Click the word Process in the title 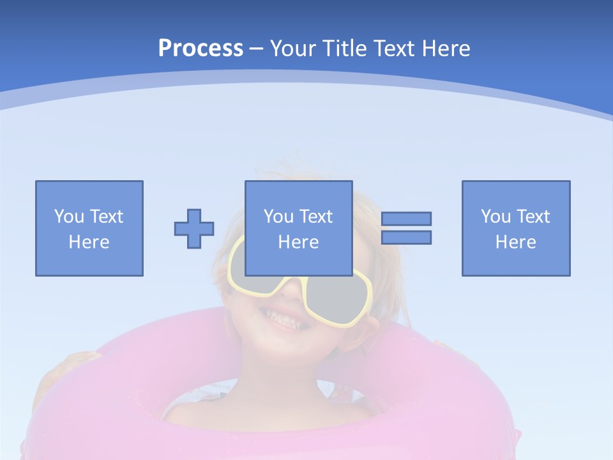tap(201, 49)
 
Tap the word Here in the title tap(446, 49)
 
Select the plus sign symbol tap(194, 229)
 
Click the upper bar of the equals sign tap(406, 218)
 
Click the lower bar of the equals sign tap(406, 238)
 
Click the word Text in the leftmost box tap(107, 217)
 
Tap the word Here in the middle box tap(298, 242)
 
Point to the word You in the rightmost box tap(496, 217)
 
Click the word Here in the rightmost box tap(516, 242)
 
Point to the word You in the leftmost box tap(69, 217)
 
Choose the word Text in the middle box tap(317, 217)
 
